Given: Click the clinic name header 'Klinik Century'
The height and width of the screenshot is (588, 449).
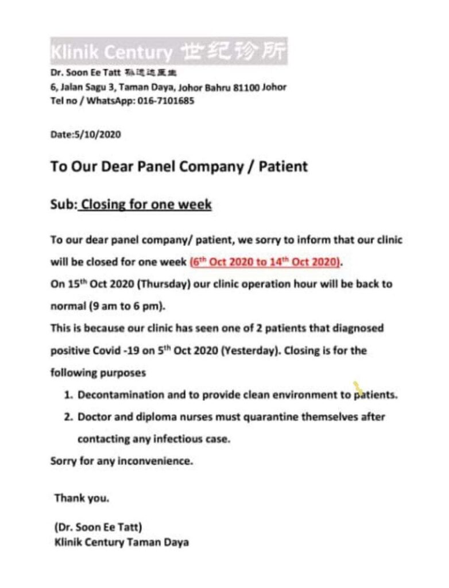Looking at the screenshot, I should click(111, 52).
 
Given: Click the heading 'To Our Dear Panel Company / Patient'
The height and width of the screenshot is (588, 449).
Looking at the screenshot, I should click(179, 167).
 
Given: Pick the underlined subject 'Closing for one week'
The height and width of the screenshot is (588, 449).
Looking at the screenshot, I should click(146, 204).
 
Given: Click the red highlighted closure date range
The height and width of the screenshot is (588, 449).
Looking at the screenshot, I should click(265, 262).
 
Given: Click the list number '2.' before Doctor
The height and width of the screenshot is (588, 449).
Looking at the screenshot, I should click(69, 417).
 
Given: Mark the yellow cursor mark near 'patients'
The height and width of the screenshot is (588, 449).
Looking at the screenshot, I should click(358, 388).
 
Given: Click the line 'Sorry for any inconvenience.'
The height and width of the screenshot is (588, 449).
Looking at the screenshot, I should click(122, 461).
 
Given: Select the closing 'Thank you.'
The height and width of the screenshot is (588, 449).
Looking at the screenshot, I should click(82, 498).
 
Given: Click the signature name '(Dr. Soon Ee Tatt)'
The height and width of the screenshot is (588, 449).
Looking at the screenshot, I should click(98, 527).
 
